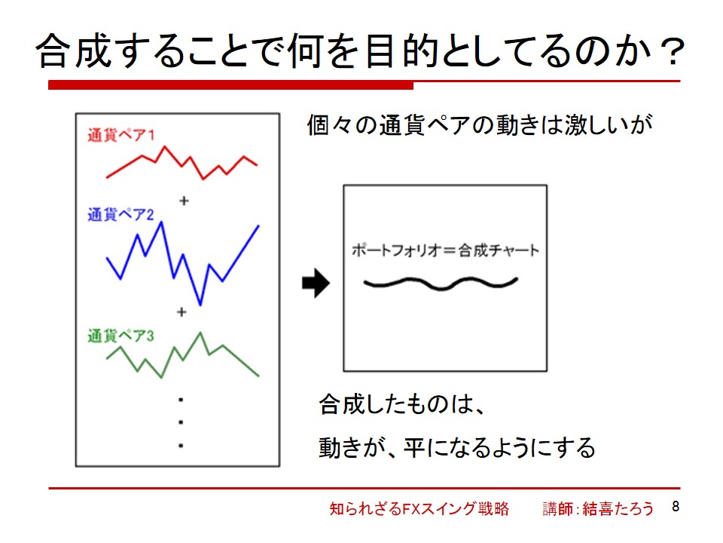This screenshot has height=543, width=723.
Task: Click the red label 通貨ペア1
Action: (x=120, y=135)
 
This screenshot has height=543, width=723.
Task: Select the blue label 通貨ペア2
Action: (x=120, y=214)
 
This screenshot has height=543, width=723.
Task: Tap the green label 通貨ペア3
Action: (x=120, y=336)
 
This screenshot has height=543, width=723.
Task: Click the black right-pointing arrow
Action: (x=316, y=283)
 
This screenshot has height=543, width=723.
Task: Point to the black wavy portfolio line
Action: (x=441, y=287)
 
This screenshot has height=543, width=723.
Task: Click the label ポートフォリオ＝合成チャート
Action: (x=445, y=250)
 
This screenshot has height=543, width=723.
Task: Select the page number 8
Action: (x=676, y=507)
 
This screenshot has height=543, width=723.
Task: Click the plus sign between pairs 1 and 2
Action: (x=184, y=201)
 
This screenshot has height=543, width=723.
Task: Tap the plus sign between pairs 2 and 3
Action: (x=182, y=312)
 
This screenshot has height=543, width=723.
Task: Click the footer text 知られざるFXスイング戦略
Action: (x=419, y=508)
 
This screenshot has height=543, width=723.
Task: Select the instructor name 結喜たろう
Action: (x=618, y=508)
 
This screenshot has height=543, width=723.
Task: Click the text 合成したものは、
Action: (x=401, y=404)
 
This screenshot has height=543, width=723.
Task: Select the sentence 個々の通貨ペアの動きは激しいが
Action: (x=480, y=125)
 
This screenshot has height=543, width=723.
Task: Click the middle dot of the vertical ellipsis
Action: (x=181, y=422)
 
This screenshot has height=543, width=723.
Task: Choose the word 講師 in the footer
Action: (x=557, y=508)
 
